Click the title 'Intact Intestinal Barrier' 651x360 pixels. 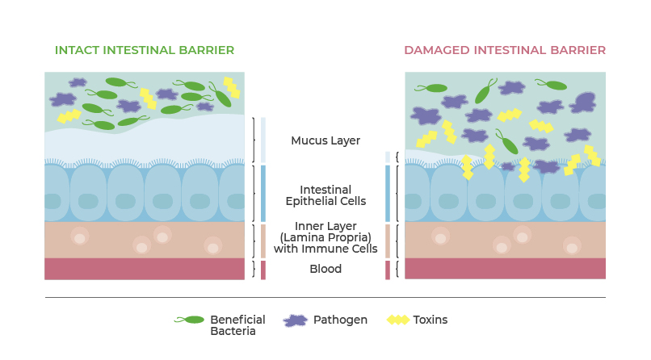[145, 50]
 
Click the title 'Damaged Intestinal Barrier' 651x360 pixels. [505, 50]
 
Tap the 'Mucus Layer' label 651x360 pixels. [325, 140]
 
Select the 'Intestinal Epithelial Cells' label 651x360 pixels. [325, 195]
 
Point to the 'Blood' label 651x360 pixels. [325, 269]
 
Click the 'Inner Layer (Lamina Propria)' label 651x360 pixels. [325, 237]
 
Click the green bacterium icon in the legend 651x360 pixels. [191, 320]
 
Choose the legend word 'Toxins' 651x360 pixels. [430, 320]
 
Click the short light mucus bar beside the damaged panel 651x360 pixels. [388, 157]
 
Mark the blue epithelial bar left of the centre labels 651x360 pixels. [262, 193]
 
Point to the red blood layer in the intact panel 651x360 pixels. [145, 269]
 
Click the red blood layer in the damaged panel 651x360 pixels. [505, 269]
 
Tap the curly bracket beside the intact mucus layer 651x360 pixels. [254, 140]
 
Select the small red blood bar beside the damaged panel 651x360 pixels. [388, 270]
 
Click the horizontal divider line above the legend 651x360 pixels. [325, 297]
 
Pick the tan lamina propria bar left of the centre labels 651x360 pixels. [262, 241]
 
